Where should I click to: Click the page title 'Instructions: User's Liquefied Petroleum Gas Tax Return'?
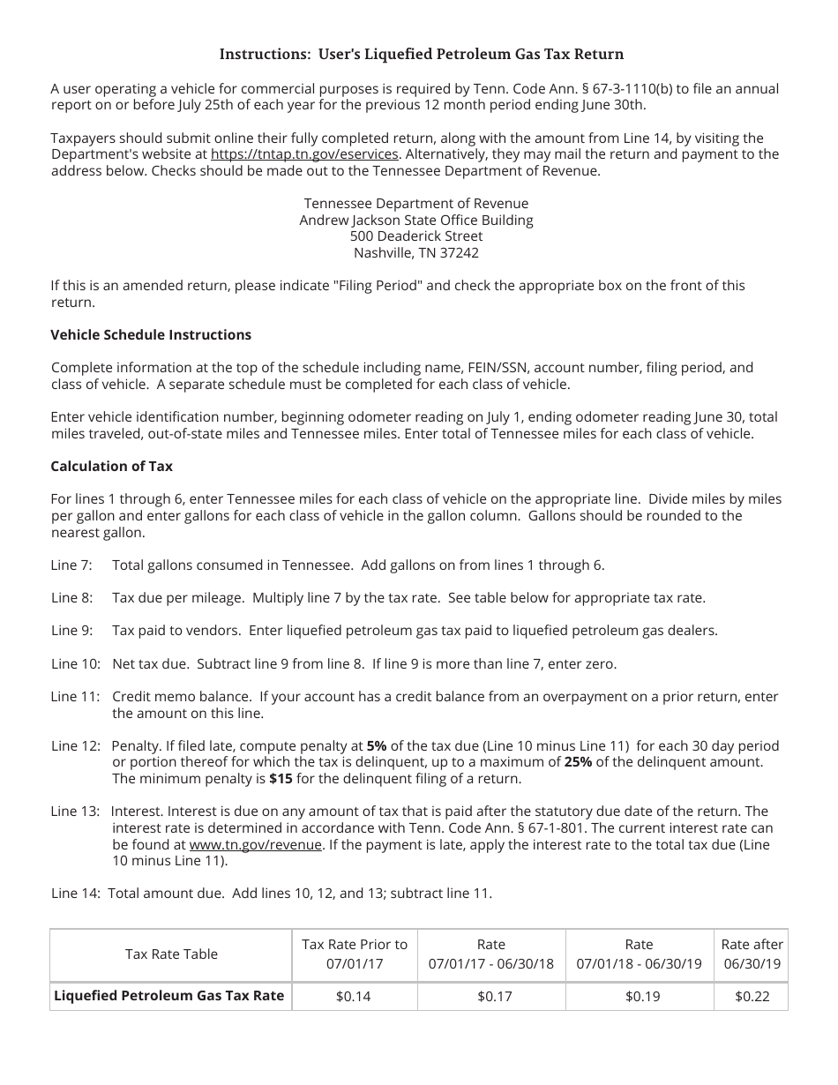[x=421, y=55]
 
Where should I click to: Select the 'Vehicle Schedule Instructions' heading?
[x=151, y=335]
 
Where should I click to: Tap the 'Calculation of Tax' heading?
[x=112, y=466]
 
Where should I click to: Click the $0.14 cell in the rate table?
[x=355, y=997]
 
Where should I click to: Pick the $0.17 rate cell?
[x=491, y=997]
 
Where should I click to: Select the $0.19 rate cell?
[x=639, y=997]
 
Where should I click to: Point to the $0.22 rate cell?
[x=752, y=997]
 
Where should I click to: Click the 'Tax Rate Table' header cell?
[x=171, y=954]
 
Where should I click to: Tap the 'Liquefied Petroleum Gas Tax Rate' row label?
[x=169, y=996]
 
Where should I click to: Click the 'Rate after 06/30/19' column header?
[x=752, y=954]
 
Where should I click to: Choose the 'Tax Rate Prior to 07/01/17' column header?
[x=355, y=954]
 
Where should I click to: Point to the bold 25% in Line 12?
[x=578, y=762]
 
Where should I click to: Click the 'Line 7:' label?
[x=71, y=565]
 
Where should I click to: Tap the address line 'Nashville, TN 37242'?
[x=416, y=253]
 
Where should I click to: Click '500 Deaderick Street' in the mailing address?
[x=416, y=236]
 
